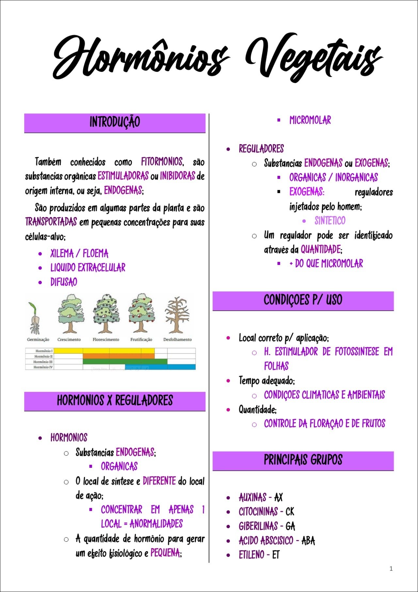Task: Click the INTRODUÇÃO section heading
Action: coord(115,122)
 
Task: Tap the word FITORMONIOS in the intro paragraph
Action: coord(162,162)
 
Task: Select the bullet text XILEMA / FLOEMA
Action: coord(79,254)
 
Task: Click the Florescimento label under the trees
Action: coord(106,340)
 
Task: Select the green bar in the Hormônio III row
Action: coord(125,362)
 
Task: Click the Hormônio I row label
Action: coord(43,351)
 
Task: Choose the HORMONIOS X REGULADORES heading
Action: coord(115,401)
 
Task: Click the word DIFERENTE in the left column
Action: coord(159,481)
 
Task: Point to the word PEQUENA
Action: coord(165,553)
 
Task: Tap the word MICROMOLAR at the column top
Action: coord(310,120)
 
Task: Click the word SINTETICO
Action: coord(330,221)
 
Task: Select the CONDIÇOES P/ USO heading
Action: coord(303,300)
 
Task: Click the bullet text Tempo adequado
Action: coord(266,381)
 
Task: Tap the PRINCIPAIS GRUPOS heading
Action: coord(303,460)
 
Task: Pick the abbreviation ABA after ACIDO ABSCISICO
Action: coord(308,541)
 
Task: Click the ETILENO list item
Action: coord(251,555)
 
